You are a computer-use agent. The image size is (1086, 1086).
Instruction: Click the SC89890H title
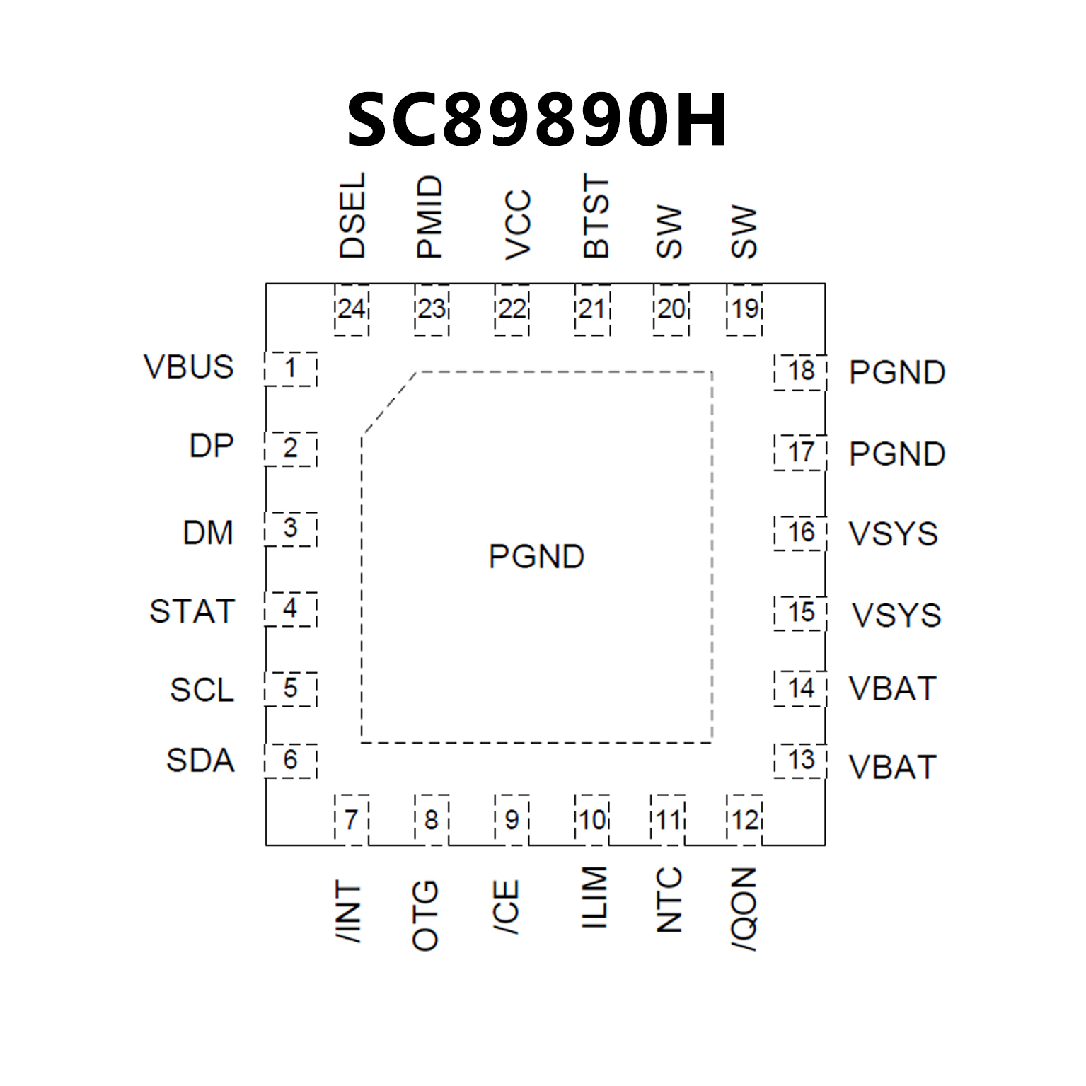tap(536, 120)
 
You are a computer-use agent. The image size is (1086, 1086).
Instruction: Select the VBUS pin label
tap(188, 367)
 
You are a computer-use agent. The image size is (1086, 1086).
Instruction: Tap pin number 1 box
tap(290, 369)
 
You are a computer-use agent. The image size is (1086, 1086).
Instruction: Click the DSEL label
tap(352, 216)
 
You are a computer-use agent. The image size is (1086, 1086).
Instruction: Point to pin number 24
tap(352, 309)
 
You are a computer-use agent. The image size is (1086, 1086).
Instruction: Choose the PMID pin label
tap(429, 217)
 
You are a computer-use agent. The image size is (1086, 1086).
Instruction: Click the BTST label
tap(596, 217)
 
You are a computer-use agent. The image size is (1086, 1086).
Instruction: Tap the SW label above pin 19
tap(744, 232)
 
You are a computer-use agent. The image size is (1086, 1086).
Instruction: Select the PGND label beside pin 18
tap(897, 373)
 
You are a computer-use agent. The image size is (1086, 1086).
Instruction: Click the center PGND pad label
tap(536, 557)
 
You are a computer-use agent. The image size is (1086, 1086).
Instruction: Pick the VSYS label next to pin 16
tap(894, 534)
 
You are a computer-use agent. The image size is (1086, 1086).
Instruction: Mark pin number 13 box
tap(800, 761)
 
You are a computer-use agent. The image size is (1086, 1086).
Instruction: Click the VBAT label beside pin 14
tap(893, 689)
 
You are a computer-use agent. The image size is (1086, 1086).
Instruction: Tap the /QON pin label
tap(744, 909)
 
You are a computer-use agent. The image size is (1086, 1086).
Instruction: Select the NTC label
tap(669, 900)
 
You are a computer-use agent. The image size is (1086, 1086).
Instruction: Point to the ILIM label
tap(594, 898)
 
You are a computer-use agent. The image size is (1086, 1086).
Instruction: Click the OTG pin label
tap(425, 915)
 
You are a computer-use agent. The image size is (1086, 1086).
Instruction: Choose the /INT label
tap(349, 911)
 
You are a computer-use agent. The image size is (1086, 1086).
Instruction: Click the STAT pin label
tap(192, 612)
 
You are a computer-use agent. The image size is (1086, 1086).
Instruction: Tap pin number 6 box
tap(290, 761)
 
